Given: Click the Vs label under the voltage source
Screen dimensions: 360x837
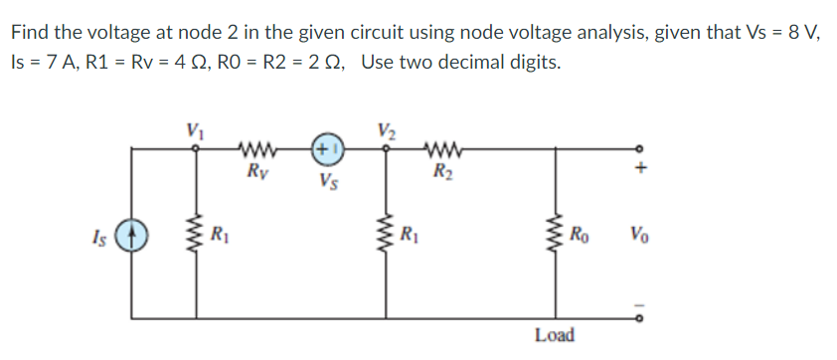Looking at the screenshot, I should (x=328, y=181).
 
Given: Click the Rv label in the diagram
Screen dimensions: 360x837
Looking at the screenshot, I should (x=255, y=171).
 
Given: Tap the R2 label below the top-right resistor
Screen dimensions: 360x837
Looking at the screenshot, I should (x=438, y=171).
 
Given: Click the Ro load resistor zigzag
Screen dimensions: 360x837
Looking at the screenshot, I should (x=570, y=238).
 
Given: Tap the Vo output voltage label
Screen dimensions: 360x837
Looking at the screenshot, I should (x=641, y=238).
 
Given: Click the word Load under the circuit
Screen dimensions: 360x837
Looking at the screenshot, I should (x=554, y=335).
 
